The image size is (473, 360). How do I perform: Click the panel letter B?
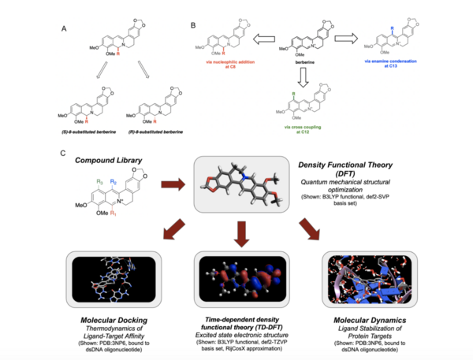coord(193,27)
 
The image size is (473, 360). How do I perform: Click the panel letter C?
coord(62,150)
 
